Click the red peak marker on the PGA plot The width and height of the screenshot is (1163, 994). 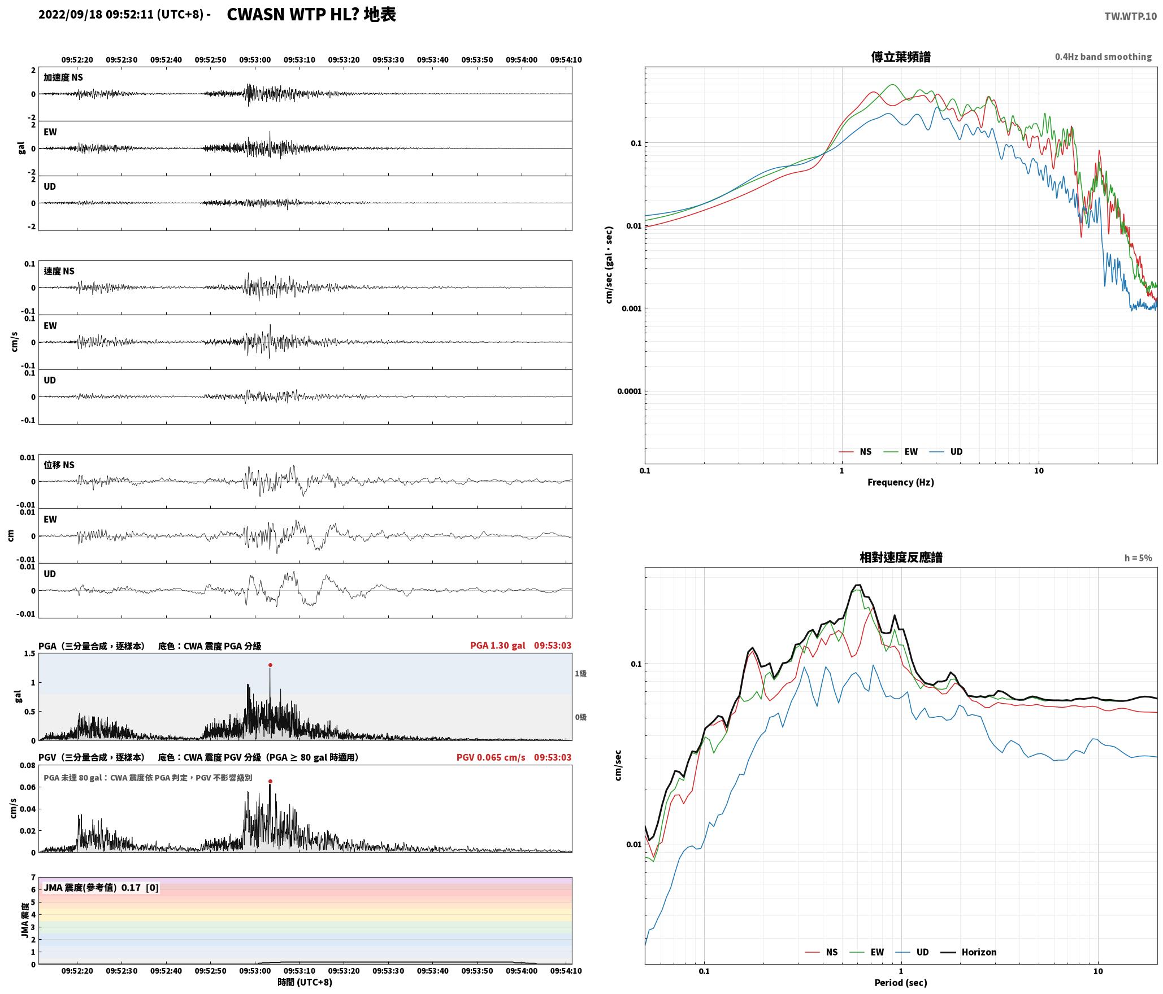[270, 665]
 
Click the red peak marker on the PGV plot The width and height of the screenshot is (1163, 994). [270, 781]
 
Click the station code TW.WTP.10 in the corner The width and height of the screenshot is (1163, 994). [1130, 16]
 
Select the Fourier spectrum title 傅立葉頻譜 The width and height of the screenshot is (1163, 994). [901, 56]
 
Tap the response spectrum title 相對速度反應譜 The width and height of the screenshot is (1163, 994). [901, 557]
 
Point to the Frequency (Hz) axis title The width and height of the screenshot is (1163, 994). [901, 482]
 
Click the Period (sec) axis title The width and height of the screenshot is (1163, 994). [901, 982]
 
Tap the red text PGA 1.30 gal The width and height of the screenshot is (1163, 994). [497, 646]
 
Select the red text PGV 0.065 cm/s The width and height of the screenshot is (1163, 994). [491, 757]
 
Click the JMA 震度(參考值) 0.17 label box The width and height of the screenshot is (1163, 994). [101, 887]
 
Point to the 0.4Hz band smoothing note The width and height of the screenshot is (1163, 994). [1103, 56]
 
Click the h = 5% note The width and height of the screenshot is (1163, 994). [1138, 558]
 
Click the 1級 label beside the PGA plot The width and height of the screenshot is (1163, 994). [580, 673]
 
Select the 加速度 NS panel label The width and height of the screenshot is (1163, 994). [63, 77]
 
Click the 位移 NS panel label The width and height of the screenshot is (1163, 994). [59, 465]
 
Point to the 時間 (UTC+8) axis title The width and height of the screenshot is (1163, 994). [305, 982]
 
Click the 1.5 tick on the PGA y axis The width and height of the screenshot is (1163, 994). [29, 653]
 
